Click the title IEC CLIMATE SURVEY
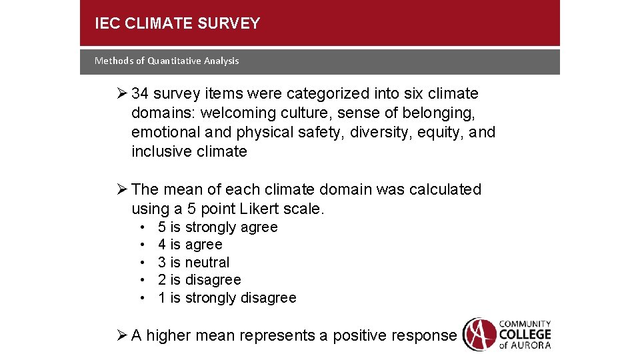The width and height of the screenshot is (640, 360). tap(177, 24)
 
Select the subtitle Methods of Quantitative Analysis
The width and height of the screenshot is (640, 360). tap(167, 61)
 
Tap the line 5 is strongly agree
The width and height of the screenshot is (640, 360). tap(217, 227)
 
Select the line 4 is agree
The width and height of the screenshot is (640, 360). tap(190, 245)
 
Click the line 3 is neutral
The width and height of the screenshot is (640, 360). tap(193, 263)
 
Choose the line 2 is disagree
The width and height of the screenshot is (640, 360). tap(199, 280)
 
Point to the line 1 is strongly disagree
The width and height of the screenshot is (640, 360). tap(227, 298)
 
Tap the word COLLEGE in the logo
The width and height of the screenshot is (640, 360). tap(525, 333)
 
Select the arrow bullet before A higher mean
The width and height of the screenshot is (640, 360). tap(122, 335)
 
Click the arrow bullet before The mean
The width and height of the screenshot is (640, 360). tap(122, 189)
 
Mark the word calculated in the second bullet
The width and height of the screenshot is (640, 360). tap(447, 189)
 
